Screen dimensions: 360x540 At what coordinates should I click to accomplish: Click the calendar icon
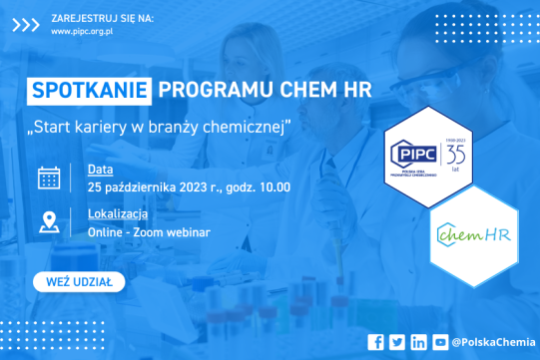click(48, 178)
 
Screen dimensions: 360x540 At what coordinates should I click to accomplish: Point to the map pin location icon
click(48, 222)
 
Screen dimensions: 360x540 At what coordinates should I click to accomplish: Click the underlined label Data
click(100, 169)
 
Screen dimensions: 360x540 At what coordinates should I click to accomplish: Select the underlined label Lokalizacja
click(118, 213)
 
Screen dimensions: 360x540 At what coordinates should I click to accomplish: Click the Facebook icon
click(375, 342)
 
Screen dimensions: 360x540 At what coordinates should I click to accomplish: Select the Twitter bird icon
click(396, 342)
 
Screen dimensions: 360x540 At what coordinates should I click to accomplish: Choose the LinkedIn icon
click(418, 342)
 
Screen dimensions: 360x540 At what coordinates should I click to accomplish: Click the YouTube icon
click(440, 342)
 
